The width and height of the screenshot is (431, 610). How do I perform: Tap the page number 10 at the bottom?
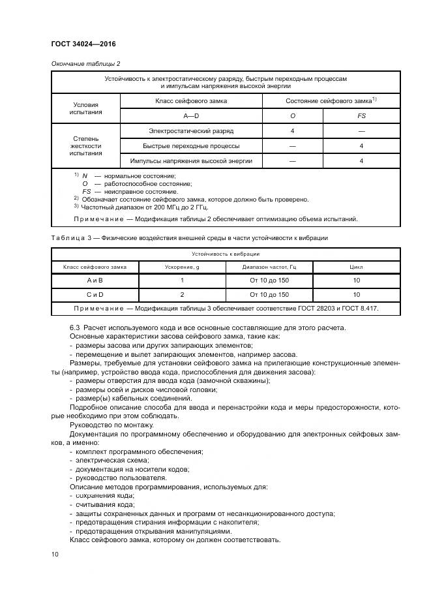55,553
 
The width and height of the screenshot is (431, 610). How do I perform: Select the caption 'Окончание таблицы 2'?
85,63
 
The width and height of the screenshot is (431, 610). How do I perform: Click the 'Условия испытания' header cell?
85,108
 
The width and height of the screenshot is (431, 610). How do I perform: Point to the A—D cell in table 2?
191,115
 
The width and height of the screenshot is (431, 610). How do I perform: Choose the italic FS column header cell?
361,115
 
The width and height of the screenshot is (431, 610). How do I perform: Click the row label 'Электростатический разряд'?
191,131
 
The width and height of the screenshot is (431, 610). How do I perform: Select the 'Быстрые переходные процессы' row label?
191,145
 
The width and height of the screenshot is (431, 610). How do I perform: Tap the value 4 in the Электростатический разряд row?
292,131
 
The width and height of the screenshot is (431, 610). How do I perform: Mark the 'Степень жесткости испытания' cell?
85,145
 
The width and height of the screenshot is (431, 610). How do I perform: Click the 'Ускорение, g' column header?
182,266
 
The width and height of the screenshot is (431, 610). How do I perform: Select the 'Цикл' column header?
356,266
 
